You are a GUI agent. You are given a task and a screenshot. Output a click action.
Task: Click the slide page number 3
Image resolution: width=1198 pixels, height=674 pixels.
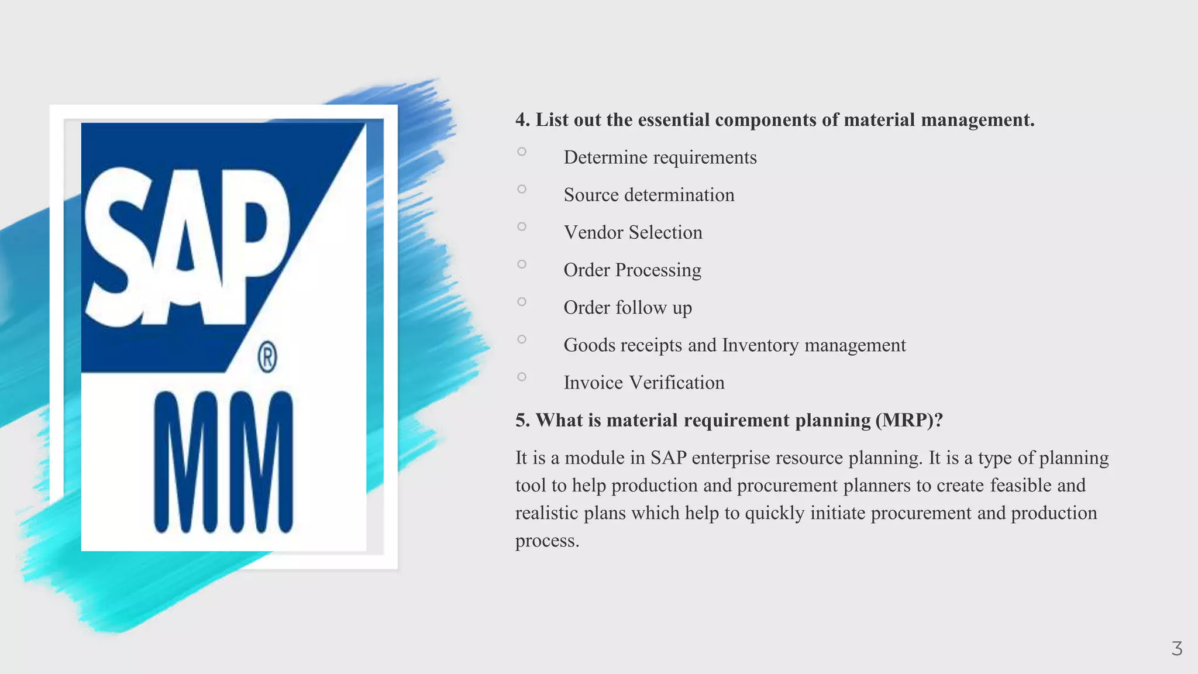[x=1176, y=649]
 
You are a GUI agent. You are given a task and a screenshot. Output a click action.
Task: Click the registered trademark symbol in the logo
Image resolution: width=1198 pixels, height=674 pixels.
[x=267, y=358]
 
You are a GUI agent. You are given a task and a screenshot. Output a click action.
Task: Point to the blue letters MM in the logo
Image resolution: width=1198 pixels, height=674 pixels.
[x=223, y=462]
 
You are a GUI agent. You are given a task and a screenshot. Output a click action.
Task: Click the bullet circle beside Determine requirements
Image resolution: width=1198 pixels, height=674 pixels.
[x=522, y=152]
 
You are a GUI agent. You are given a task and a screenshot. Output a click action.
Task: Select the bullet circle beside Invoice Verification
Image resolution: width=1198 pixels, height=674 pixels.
[x=522, y=377]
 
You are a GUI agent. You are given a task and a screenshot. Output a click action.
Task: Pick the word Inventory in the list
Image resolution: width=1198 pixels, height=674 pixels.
[x=760, y=345]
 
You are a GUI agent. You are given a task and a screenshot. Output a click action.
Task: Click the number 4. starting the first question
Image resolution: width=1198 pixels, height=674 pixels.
[x=522, y=120]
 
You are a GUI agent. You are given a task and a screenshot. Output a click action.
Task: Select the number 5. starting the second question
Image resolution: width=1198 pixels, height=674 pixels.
[x=522, y=420]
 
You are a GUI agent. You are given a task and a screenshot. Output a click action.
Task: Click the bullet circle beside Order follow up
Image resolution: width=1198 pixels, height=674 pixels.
[x=522, y=302]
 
